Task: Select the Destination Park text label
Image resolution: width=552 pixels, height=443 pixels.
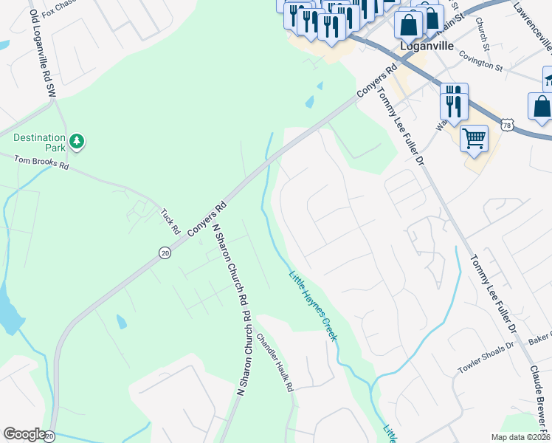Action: (39, 142)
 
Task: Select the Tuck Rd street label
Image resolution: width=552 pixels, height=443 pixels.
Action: (170, 221)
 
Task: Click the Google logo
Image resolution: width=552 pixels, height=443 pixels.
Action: (24, 434)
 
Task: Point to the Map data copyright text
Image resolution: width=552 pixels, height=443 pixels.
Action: (520, 437)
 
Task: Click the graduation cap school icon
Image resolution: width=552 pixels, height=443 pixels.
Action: (548, 78)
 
